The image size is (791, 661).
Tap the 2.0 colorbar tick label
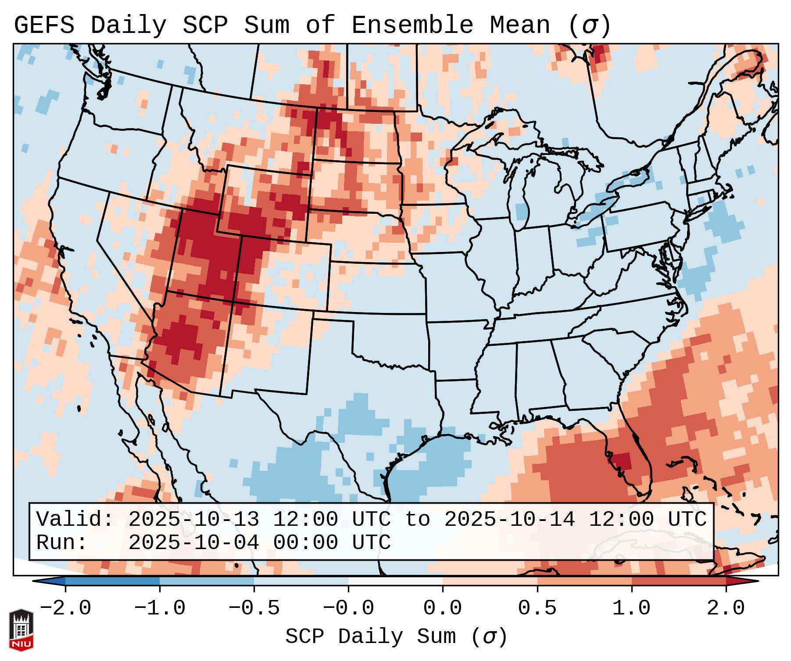point(726,608)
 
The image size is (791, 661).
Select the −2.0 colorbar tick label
point(65,608)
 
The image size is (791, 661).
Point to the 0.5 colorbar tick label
point(537,608)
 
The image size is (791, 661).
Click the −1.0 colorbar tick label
point(160,608)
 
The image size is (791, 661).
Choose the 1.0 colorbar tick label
point(631,608)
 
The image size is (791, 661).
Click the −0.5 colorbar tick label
point(254,608)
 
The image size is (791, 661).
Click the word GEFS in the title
point(44,25)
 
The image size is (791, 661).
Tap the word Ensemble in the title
point(412,25)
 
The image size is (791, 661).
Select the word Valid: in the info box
point(75,519)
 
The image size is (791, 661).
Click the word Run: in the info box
point(62,542)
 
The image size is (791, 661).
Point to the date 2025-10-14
point(509,519)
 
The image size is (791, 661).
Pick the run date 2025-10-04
point(193,542)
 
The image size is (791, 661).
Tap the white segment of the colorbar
point(395,581)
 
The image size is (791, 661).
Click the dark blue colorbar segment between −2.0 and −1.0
point(112,581)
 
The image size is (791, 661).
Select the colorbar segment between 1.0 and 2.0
point(679,581)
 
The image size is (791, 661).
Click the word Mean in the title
point(519,25)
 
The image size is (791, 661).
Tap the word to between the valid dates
point(417,519)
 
